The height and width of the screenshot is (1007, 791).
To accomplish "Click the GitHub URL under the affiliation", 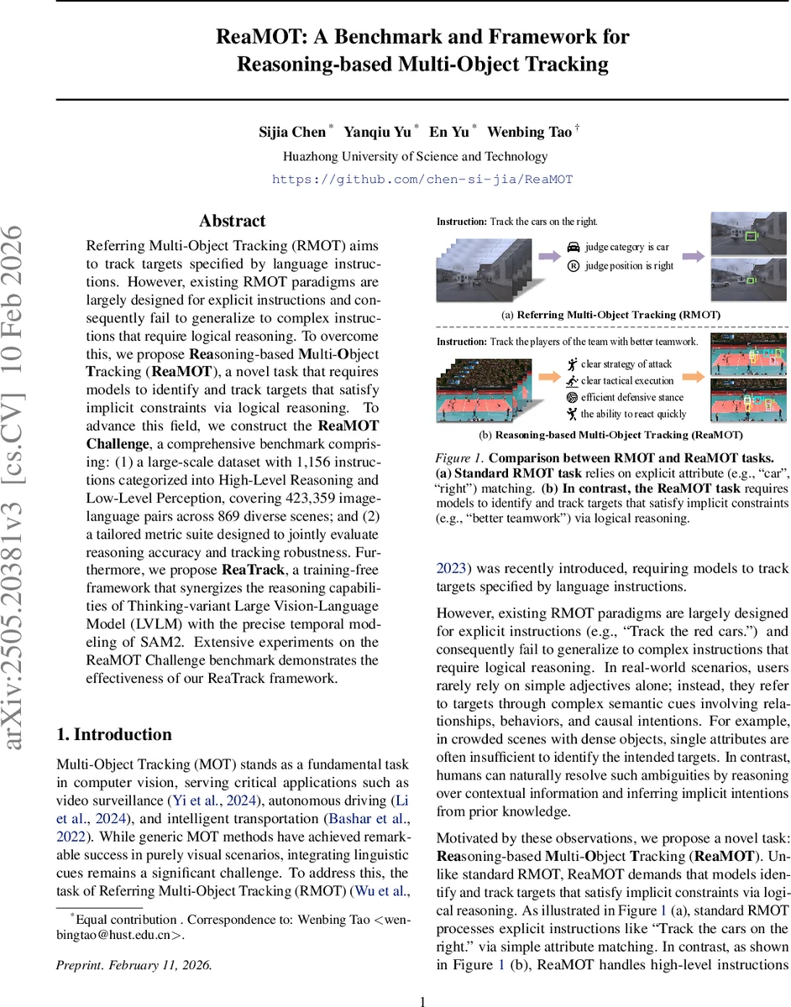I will pos(422,180).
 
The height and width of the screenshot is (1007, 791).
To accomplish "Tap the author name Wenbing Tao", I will pos(529,132).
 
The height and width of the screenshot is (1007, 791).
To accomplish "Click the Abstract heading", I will pos(232,222).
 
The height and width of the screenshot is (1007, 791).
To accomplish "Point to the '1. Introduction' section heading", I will pos(113,734).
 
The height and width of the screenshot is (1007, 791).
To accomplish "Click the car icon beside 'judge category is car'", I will pos(573,248).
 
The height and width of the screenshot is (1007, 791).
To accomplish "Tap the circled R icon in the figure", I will pos(573,266).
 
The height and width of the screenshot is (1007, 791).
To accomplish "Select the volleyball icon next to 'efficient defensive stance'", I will pos(573,397).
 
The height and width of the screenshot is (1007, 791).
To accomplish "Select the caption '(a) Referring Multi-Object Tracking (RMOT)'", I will pos(612,315).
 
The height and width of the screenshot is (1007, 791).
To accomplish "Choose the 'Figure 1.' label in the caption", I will pos(459,457).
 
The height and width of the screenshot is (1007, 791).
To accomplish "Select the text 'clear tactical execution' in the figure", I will pos(627,381).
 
